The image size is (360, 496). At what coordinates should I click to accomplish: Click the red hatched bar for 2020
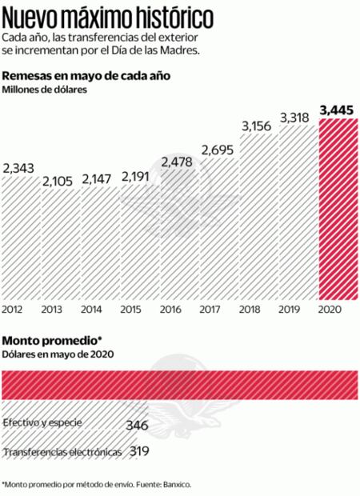(x=338, y=212)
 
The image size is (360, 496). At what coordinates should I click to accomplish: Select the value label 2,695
(x=218, y=150)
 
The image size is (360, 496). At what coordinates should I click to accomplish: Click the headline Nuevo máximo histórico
(x=107, y=15)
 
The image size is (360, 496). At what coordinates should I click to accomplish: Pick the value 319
(x=139, y=453)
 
